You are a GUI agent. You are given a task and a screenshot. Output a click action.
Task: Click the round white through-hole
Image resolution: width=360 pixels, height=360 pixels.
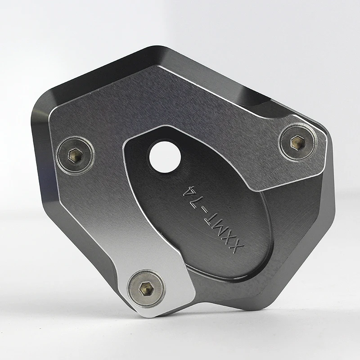(x=165, y=157)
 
